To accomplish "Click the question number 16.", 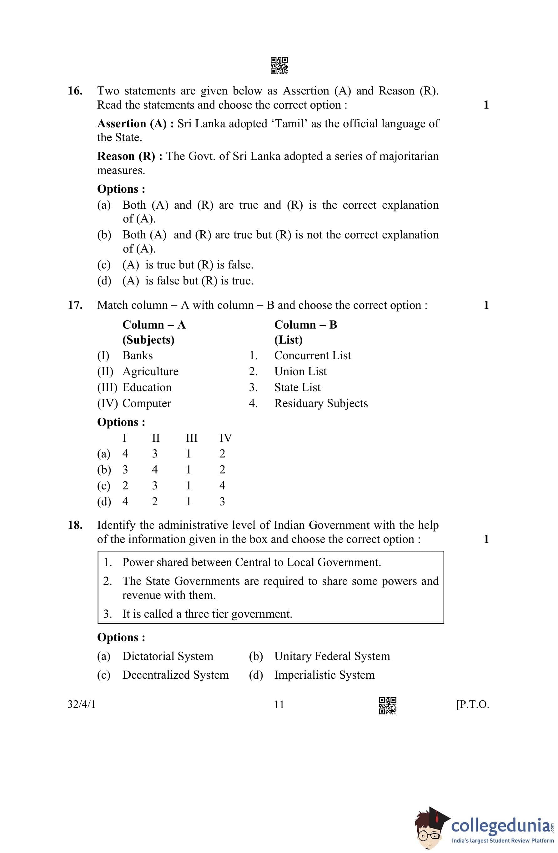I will tap(75, 91).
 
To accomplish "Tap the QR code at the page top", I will tap(279, 66).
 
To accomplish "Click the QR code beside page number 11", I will tap(388, 705).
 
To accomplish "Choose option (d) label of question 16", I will tap(104, 281).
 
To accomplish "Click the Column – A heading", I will tap(154, 325).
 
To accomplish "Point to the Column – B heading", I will tap(305, 325).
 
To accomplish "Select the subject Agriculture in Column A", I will tap(150, 371).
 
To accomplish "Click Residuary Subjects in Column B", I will tap(321, 403).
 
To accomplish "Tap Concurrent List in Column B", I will tap(312, 355).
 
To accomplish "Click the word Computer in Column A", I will tap(147, 403).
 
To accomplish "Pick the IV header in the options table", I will tap(226, 438).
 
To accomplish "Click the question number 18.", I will tap(75, 525).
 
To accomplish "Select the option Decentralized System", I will tap(175, 675).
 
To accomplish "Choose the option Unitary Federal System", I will tap(332, 656).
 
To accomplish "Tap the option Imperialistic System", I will tap(324, 675).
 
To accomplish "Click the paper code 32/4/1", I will tap(82, 705).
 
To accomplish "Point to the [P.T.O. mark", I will tap(472, 705).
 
